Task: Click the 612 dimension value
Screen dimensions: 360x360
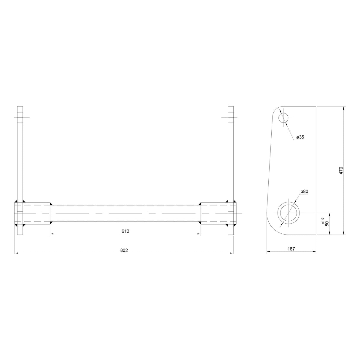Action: pyautogui.click(x=125, y=231)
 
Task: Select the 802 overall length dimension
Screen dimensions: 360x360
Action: pyautogui.click(x=124, y=250)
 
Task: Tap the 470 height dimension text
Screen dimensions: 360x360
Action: pyautogui.click(x=341, y=171)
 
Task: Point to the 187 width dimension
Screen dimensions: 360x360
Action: pyautogui.click(x=291, y=249)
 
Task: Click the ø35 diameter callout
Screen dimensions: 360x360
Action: pyautogui.click(x=300, y=137)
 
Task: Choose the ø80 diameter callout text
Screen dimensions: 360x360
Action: pyautogui.click(x=304, y=192)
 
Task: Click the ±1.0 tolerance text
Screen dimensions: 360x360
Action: pyautogui.click(x=323, y=220)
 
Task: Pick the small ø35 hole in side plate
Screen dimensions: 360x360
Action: pyautogui.click(x=283, y=118)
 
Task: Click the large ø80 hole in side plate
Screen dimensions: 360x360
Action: pyautogui.click(x=289, y=213)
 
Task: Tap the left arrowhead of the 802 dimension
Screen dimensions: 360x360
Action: pyautogui.click(x=16, y=253)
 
